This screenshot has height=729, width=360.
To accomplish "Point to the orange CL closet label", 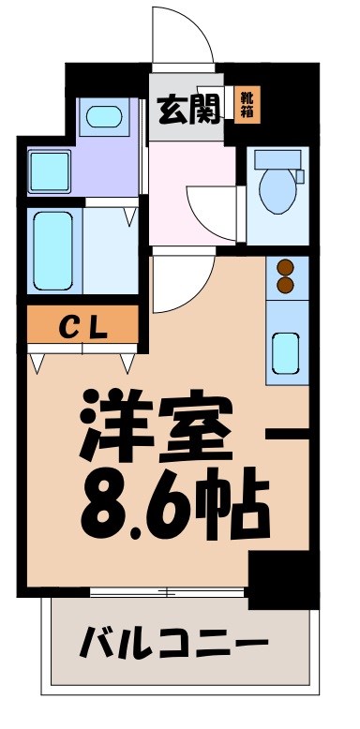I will (x=82, y=327).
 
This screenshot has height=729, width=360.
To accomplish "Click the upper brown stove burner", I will (x=286, y=269).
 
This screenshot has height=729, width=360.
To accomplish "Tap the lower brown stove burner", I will (x=286, y=287).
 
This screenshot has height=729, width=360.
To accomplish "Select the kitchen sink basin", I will (x=286, y=350).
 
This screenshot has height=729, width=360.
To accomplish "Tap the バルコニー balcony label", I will (x=173, y=645).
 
